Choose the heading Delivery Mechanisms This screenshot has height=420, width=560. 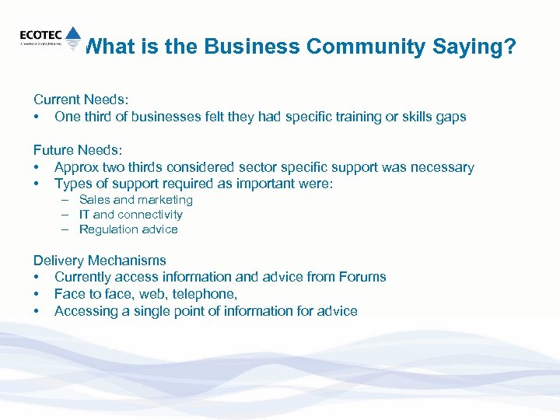coord(100,261)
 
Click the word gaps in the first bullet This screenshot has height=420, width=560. coord(450,117)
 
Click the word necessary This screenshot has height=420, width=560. coord(441,167)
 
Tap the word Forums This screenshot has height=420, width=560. coord(362,277)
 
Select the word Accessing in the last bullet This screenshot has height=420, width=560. coord(85,311)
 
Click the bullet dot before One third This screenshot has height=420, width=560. coord(37,117)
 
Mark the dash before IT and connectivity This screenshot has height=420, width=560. coord(67,215)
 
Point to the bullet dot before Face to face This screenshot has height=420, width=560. coord(37,295)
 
